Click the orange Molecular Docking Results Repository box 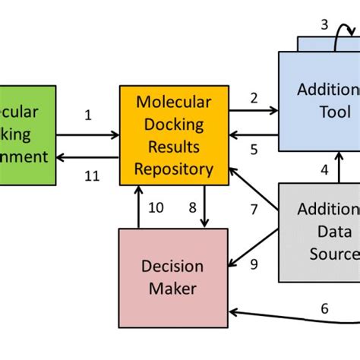click(x=173, y=135)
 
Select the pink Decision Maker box click(x=173, y=277)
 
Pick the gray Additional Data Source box click(x=319, y=232)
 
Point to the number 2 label click(x=253, y=96)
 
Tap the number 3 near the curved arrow click(x=324, y=24)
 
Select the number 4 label click(x=324, y=169)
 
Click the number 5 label click(x=254, y=150)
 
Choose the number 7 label click(x=254, y=209)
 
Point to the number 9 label click(x=254, y=264)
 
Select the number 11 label click(x=91, y=175)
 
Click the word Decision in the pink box click(x=172, y=267)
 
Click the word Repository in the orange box click(x=173, y=169)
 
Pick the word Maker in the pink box click(x=172, y=289)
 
